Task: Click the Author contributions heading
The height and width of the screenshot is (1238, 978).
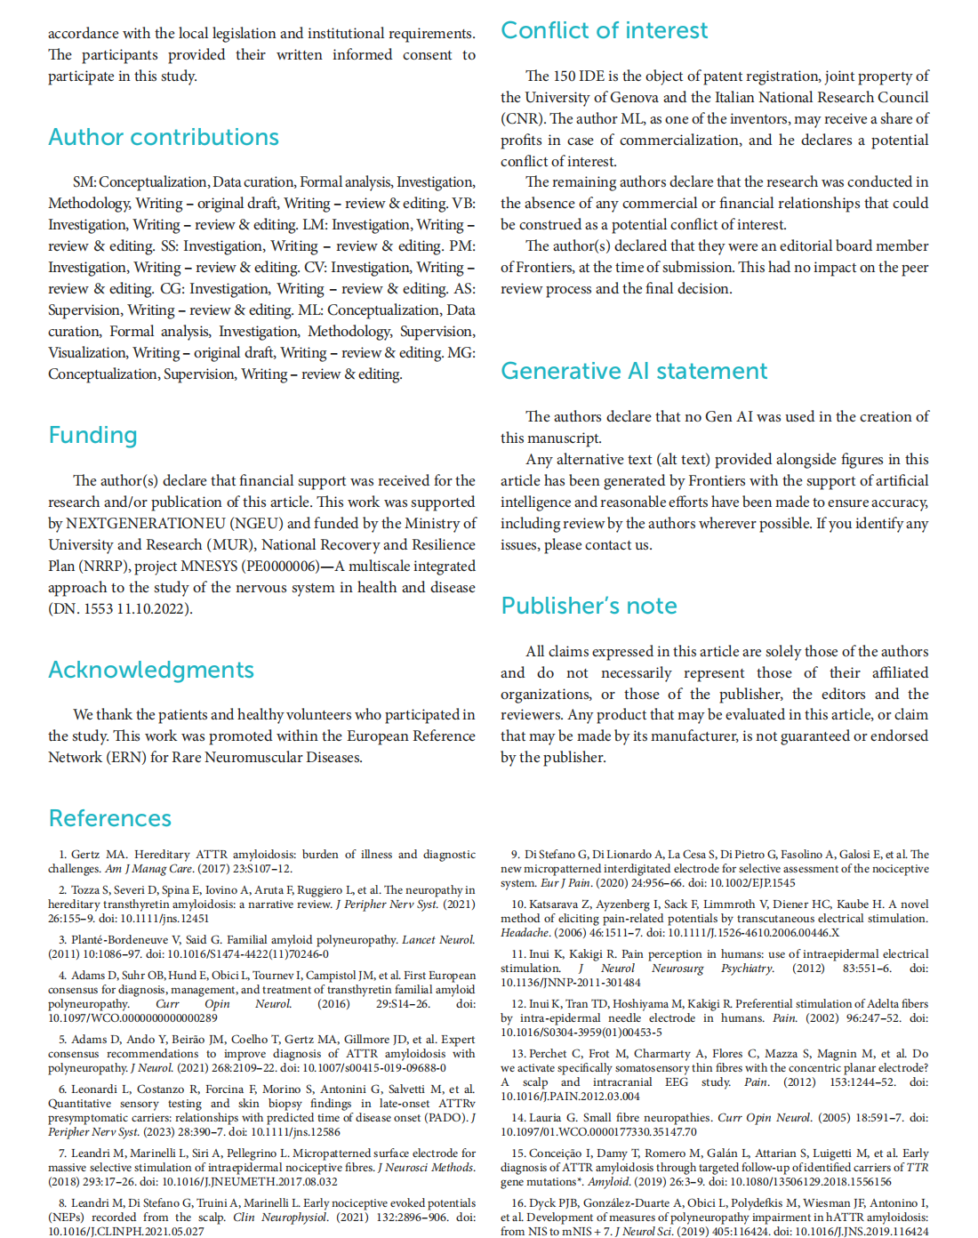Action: [x=164, y=137]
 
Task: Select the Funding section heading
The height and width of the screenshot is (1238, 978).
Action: [x=93, y=435]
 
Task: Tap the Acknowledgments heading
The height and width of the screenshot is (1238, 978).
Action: [x=151, y=670]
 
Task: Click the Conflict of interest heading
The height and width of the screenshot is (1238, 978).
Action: [x=605, y=30]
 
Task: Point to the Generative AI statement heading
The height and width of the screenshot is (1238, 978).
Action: [x=634, y=371]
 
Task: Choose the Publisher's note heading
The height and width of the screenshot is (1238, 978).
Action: [x=589, y=606]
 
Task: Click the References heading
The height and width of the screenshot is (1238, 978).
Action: [x=110, y=818]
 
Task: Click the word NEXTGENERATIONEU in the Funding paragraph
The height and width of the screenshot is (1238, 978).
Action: [x=147, y=524]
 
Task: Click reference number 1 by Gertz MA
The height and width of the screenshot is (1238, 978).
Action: [x=63, y=855]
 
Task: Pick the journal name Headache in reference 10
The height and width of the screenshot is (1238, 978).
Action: [x=525, y=933]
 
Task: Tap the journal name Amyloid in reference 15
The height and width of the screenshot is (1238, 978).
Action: [x=612, y=1182]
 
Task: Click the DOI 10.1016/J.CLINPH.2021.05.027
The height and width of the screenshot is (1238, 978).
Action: [x=126, y=1232]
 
